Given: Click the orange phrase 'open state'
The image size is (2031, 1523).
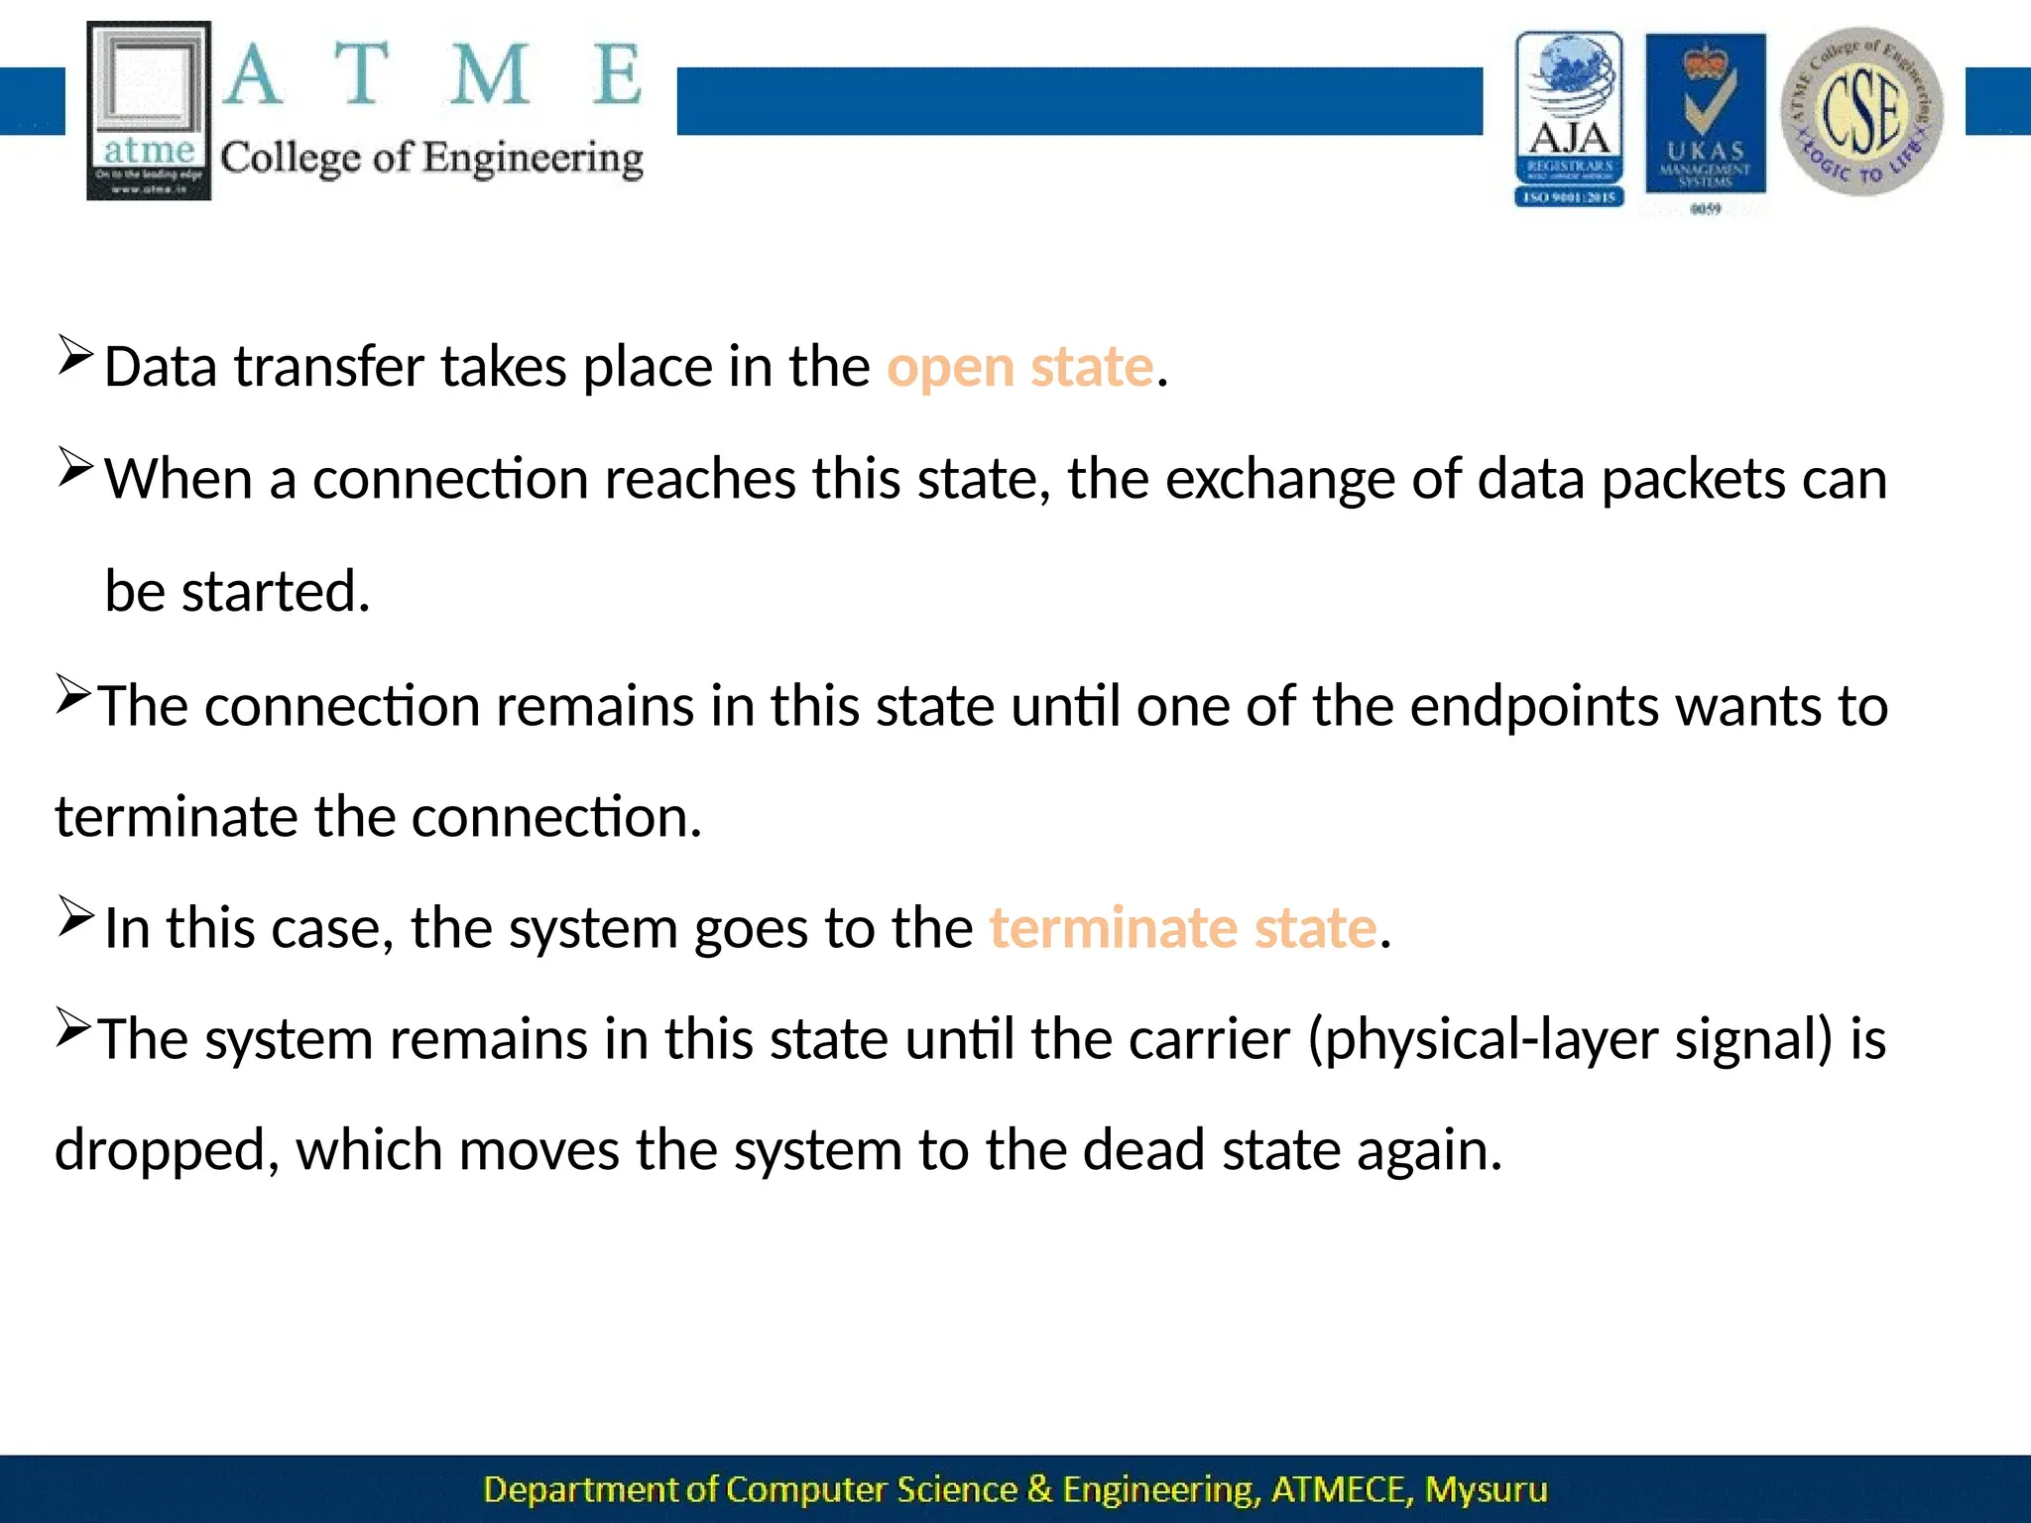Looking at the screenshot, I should tap(1019, 368).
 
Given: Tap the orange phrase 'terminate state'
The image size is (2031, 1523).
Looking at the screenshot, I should tap(1183, 929).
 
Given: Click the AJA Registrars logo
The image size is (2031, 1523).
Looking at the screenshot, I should tap(1569, 119).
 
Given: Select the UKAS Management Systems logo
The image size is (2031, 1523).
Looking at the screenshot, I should tap(1705, 114).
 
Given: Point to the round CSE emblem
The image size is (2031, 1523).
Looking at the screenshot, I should tap(1861, 111).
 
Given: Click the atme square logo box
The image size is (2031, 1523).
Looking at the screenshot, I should tap(149, 110).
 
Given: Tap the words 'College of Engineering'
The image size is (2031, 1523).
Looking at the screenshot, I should tap(431, 159).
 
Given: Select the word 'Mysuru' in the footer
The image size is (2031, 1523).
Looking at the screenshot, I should tap(1486, 1489).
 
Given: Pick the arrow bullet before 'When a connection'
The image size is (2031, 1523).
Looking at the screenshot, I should tap(75, 467).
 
